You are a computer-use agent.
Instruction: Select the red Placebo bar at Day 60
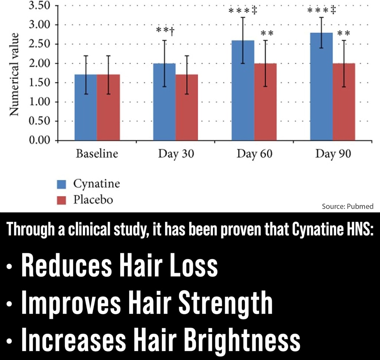[265, 102]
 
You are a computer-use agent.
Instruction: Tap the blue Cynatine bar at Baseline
[86, 107]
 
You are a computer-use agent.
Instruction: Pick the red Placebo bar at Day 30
[187, 107]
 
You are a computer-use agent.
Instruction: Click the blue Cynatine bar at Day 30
[164, 102]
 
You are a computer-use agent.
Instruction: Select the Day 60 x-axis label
[254, 154]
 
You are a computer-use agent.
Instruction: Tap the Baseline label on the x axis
[97, 154]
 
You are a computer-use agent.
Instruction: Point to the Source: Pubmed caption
[348, 206]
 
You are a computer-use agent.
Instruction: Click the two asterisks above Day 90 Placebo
[344, 33]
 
